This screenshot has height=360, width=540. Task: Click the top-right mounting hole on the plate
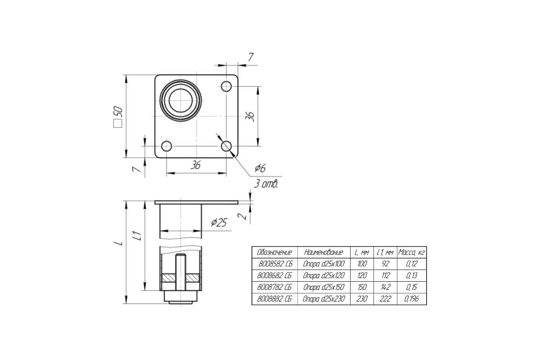226,86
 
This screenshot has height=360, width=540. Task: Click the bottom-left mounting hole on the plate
166,146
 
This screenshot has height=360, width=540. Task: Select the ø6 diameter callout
260,168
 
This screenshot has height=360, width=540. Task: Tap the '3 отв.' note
266,184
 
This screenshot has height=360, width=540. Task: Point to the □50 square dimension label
118,117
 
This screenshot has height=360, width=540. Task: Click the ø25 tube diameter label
219,222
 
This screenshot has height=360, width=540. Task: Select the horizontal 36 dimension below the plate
195,166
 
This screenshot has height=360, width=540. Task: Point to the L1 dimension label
137,236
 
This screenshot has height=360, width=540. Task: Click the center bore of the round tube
180,100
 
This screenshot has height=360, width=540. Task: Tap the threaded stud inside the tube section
180,272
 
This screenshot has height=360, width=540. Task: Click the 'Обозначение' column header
274,252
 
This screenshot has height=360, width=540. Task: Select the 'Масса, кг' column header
411,252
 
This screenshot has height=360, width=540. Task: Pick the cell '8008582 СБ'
275,264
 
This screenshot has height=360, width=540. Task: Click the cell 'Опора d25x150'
324,288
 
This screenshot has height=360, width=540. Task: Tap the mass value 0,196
411,299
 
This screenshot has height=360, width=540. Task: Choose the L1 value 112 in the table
385,275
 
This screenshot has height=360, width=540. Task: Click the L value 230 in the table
362,299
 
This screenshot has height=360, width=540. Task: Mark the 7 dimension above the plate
251,57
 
